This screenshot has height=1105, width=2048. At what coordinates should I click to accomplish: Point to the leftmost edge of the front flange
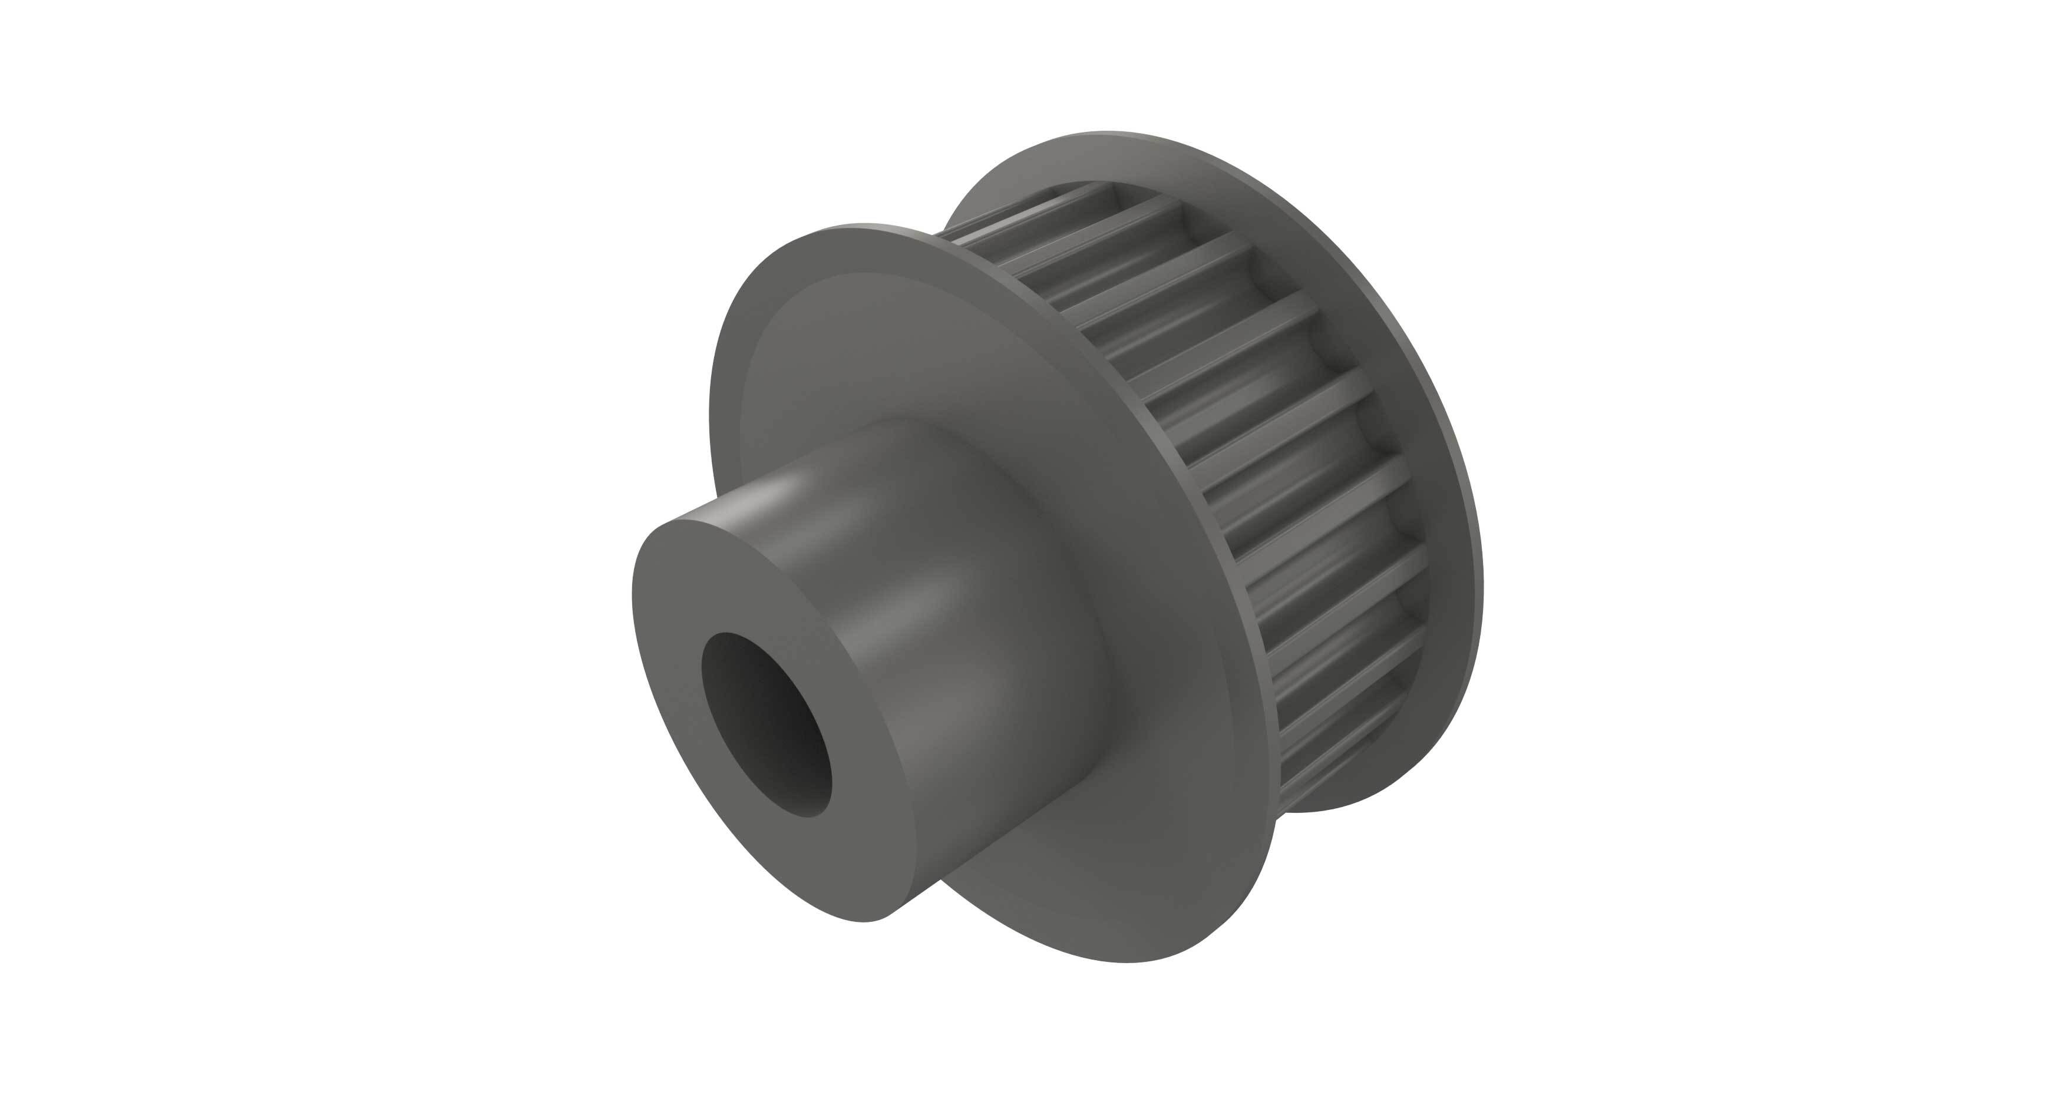point(712,445)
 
